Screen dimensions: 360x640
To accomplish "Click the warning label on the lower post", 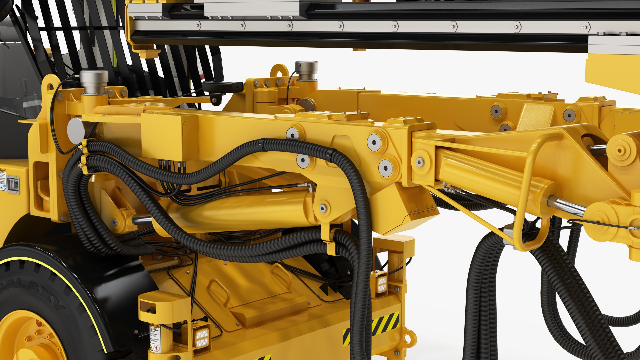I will (155, 338).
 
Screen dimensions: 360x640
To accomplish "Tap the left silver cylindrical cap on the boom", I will (94, 81).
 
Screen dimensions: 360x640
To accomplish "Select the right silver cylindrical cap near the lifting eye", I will (306, 70).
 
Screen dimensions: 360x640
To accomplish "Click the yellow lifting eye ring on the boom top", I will (279, 71).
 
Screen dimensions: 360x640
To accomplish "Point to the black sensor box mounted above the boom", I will (223, 87).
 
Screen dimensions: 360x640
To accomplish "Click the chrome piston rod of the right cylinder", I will (567, 205).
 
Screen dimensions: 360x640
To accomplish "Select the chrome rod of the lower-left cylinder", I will (142, 219).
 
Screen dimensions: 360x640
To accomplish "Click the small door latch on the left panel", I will (13, 184).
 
